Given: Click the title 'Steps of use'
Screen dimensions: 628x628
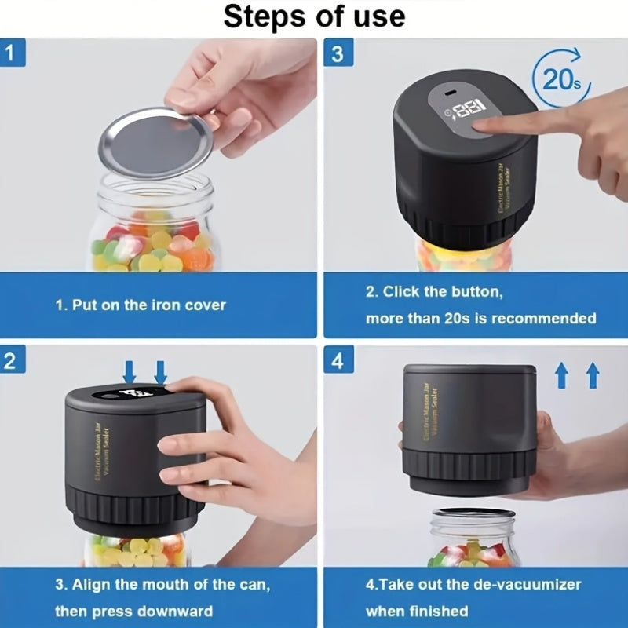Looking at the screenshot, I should [314, 16].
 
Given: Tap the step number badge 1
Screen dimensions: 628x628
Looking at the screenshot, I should [15, 53].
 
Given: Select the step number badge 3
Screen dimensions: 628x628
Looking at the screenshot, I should [338, 53].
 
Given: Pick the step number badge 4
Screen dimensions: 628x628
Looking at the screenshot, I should [338, 362].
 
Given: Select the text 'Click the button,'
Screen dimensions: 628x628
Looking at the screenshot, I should [433, 291].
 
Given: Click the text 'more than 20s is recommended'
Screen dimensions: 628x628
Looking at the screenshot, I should [480, 319].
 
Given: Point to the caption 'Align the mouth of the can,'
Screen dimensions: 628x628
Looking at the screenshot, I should [162, 584].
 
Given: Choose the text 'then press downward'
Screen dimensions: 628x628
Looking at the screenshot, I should [133, 611].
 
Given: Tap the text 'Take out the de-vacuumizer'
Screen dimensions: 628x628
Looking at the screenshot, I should [473, 584].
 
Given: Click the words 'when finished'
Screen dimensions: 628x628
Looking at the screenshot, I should [416, 611].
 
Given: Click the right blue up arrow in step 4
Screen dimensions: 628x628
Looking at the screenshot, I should [593, 374].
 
